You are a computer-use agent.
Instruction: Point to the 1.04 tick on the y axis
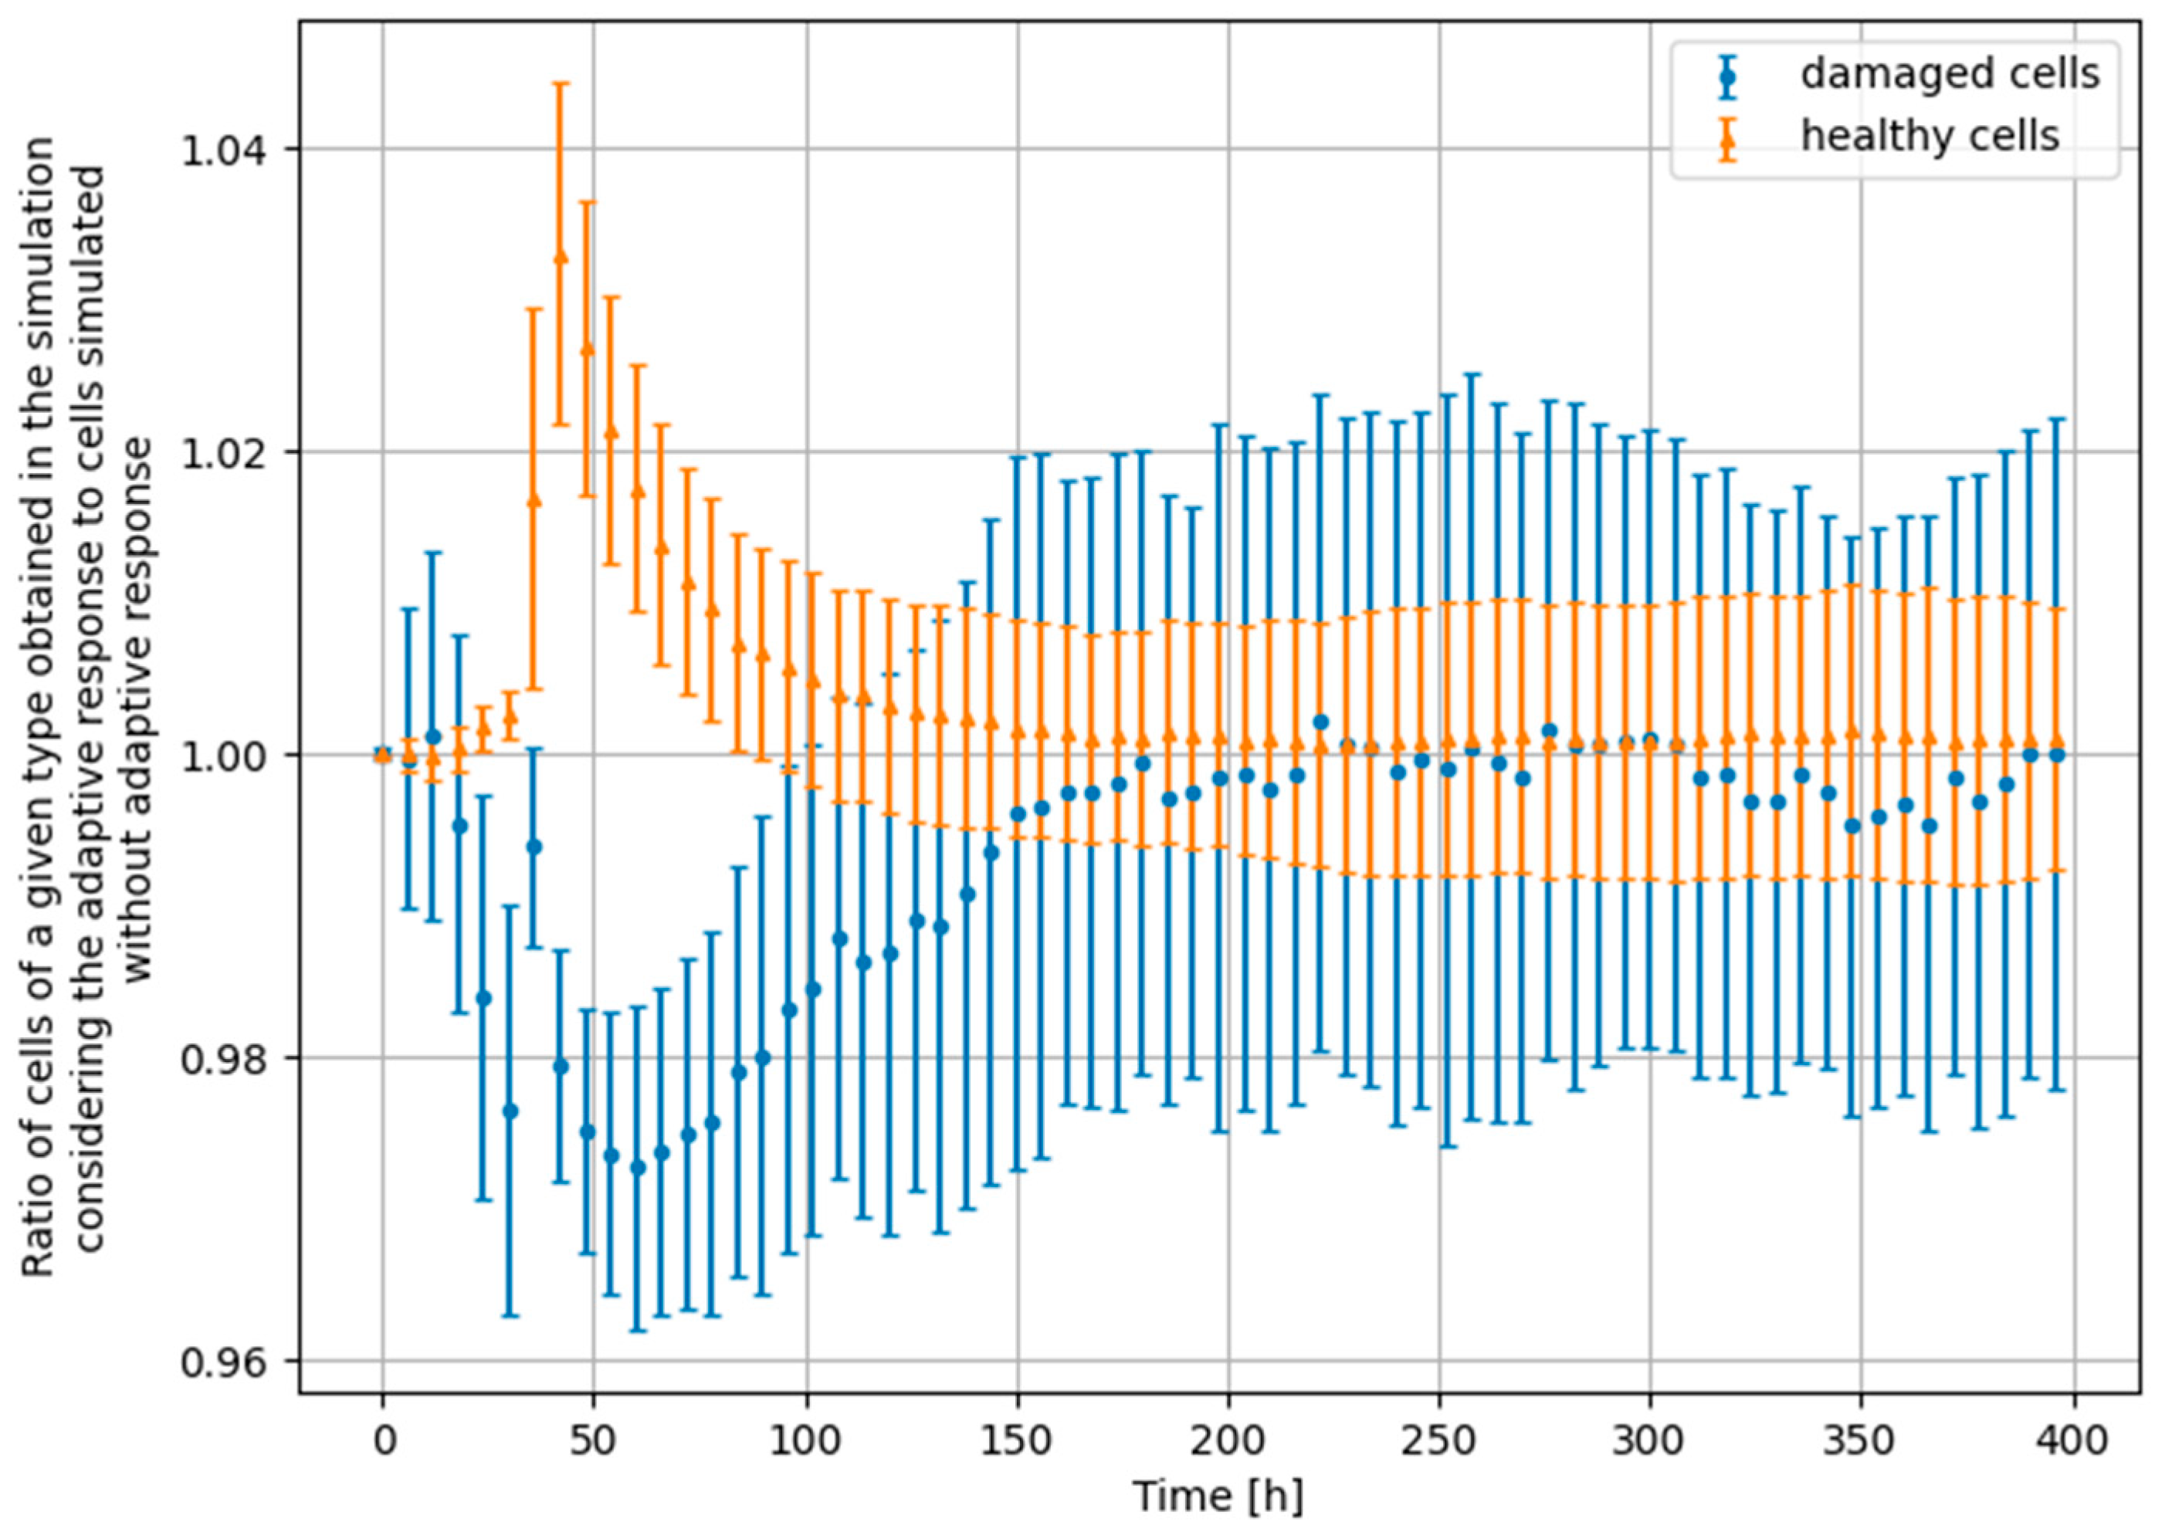coord(232,150)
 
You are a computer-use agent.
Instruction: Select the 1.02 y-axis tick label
coord(232,452)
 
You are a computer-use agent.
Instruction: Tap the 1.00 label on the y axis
coord(232,756)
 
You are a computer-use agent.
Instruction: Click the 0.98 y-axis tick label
coord(232,1057)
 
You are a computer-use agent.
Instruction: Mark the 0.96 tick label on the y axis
coord(232,1361)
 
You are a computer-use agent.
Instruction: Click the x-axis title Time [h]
coord(1218,1498)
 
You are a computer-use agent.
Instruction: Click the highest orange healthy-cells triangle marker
coord(561,256)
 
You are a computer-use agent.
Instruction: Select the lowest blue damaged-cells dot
coord(638,1168)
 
